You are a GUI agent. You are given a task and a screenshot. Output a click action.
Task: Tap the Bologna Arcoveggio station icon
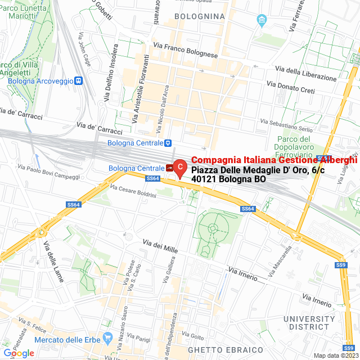(x=79, y=81)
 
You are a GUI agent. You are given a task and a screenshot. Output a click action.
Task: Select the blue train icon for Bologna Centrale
(x=168, y=143)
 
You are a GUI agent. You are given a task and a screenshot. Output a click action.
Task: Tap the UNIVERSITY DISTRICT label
(x=307, y=322)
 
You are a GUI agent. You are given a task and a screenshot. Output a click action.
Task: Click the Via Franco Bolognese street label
(x=185, y=50)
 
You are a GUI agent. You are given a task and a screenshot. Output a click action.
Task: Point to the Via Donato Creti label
(x=291, y=87)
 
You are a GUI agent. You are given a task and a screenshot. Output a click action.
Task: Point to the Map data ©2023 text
(x=335, y=355)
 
